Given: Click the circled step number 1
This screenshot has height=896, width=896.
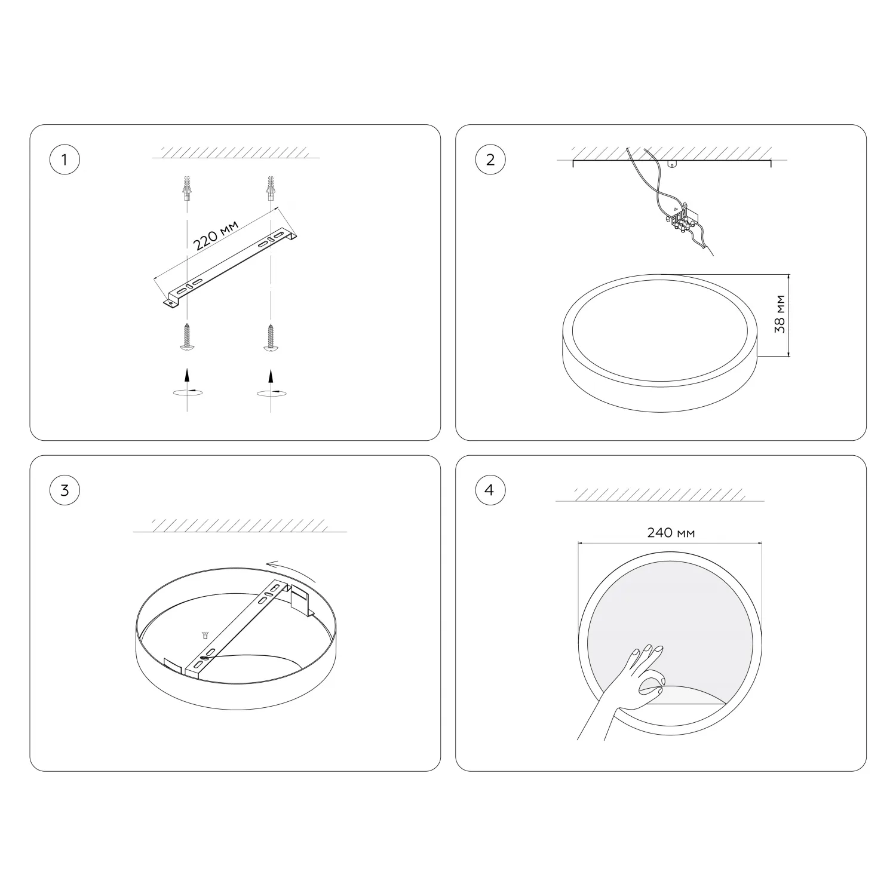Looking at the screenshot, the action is coord(65,159).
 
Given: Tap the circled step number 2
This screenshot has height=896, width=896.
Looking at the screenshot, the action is coord(490,159).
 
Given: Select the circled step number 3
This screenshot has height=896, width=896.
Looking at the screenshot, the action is coord(65,490).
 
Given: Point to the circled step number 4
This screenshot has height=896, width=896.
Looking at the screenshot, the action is coord(490,490).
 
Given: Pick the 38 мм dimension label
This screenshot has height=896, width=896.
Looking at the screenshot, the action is coord(780,314).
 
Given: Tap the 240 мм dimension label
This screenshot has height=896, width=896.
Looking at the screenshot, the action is coord(671,532).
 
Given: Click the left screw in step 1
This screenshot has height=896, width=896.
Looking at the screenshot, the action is coord(188,337).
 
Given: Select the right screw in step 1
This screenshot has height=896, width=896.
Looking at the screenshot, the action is coord(271,337).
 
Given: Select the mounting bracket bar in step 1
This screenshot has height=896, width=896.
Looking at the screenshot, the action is coord(231,267).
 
